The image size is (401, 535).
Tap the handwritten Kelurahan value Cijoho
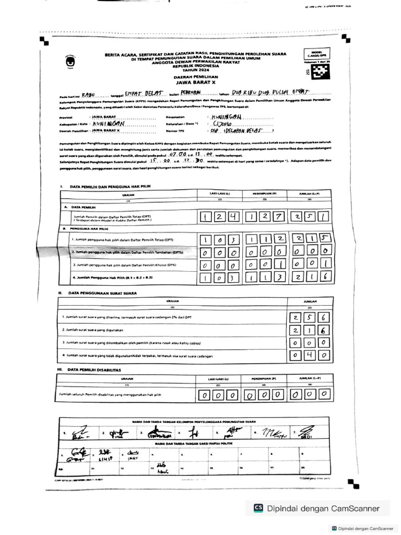221,124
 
